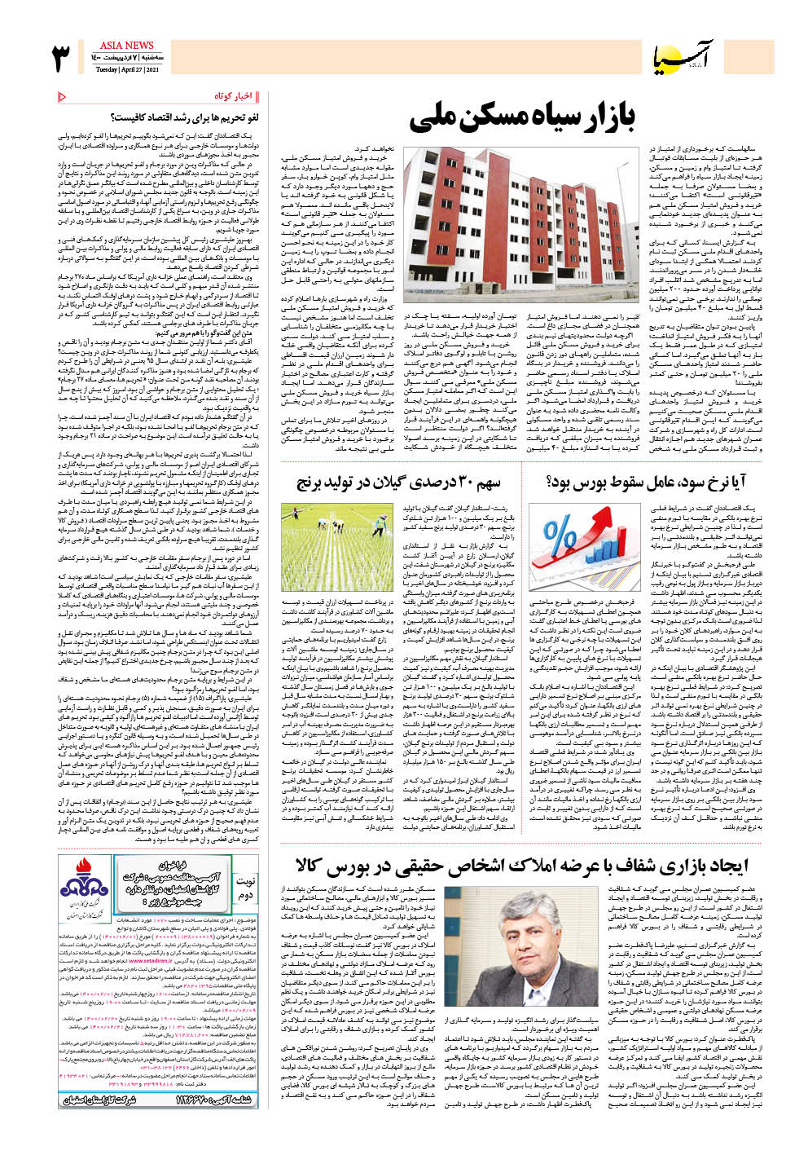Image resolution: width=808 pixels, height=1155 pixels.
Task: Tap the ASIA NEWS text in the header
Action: click(x=126, y=46)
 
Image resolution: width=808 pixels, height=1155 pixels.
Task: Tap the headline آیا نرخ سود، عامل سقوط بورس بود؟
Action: click(x=647, y=483)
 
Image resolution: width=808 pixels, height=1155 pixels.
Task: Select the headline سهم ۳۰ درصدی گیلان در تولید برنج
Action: click(x=398, y=483)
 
